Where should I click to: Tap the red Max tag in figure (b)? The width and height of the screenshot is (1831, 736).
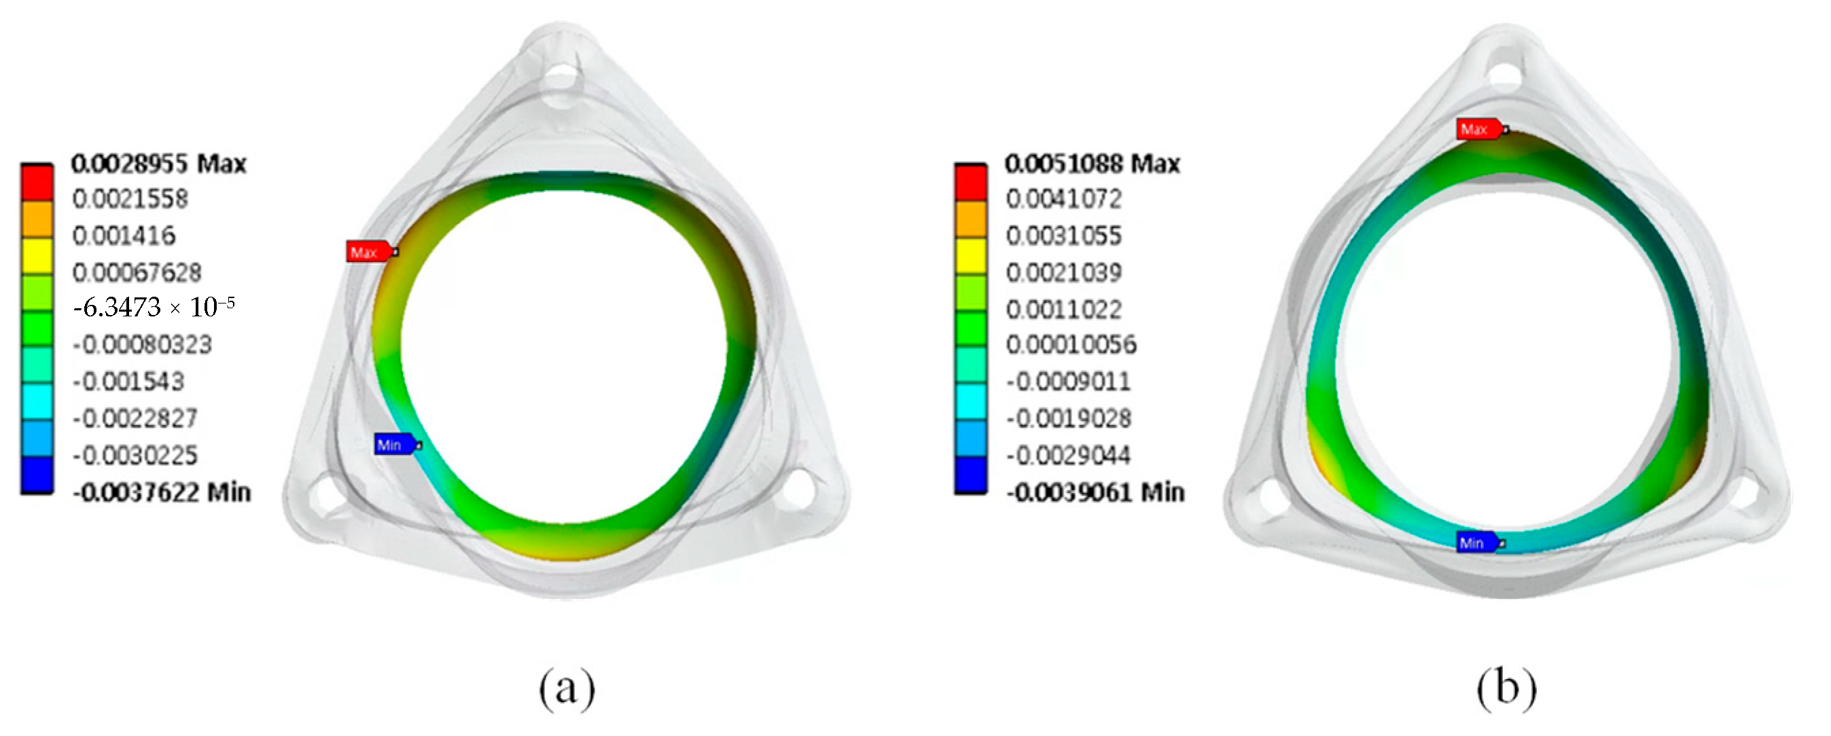[1478, 129]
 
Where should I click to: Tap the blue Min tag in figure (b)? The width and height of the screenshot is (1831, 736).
[1476, 542]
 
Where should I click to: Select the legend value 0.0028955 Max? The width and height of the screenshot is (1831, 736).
[158, 164]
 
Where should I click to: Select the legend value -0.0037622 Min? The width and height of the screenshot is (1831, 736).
[161, 492]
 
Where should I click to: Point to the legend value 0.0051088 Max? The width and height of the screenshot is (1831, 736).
[1092, 164]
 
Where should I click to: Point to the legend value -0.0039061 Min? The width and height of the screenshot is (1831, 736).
[1095, 492]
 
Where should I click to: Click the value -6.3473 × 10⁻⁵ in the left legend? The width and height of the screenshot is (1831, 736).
[154, 308]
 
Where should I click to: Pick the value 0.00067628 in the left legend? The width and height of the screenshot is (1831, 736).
[137, 272]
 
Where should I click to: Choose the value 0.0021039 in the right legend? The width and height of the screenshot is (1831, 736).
[1063, 272]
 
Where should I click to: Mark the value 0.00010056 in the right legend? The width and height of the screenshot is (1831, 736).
[1071, 344]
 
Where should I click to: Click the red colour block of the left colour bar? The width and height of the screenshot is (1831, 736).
[37, 183]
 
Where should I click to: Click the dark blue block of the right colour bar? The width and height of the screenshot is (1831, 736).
[970, 474]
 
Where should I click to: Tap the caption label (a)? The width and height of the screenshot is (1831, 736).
[567, 688]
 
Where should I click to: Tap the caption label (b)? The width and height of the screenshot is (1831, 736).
[1506, 688]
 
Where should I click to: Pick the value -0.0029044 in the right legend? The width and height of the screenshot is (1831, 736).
[1067, 455]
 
